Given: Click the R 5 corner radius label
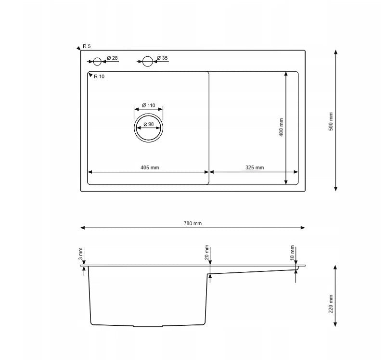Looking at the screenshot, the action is pyautogui.click(x=87, y=46).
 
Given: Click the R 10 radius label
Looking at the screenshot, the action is pyautogui.click(x=99, y=77).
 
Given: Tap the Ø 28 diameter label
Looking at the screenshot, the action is pyautogui.click(x=112, y=58).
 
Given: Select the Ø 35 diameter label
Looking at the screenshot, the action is pyautogui.click(x=162, y=58).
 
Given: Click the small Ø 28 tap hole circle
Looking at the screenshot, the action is pyautogui.click(x=97, y=62).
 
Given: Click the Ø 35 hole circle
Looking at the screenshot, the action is pyautogui.click(x=148, y=62).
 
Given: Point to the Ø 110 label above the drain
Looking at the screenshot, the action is pyautogui.click(x=148, y=105).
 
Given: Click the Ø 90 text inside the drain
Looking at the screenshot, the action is pyautogui.click(x=148, y=125).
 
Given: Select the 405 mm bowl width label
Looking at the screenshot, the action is pyautogui.click(x=150, y=168).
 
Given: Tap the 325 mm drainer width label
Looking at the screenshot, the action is pyautogui.click(x=255, y=168).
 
